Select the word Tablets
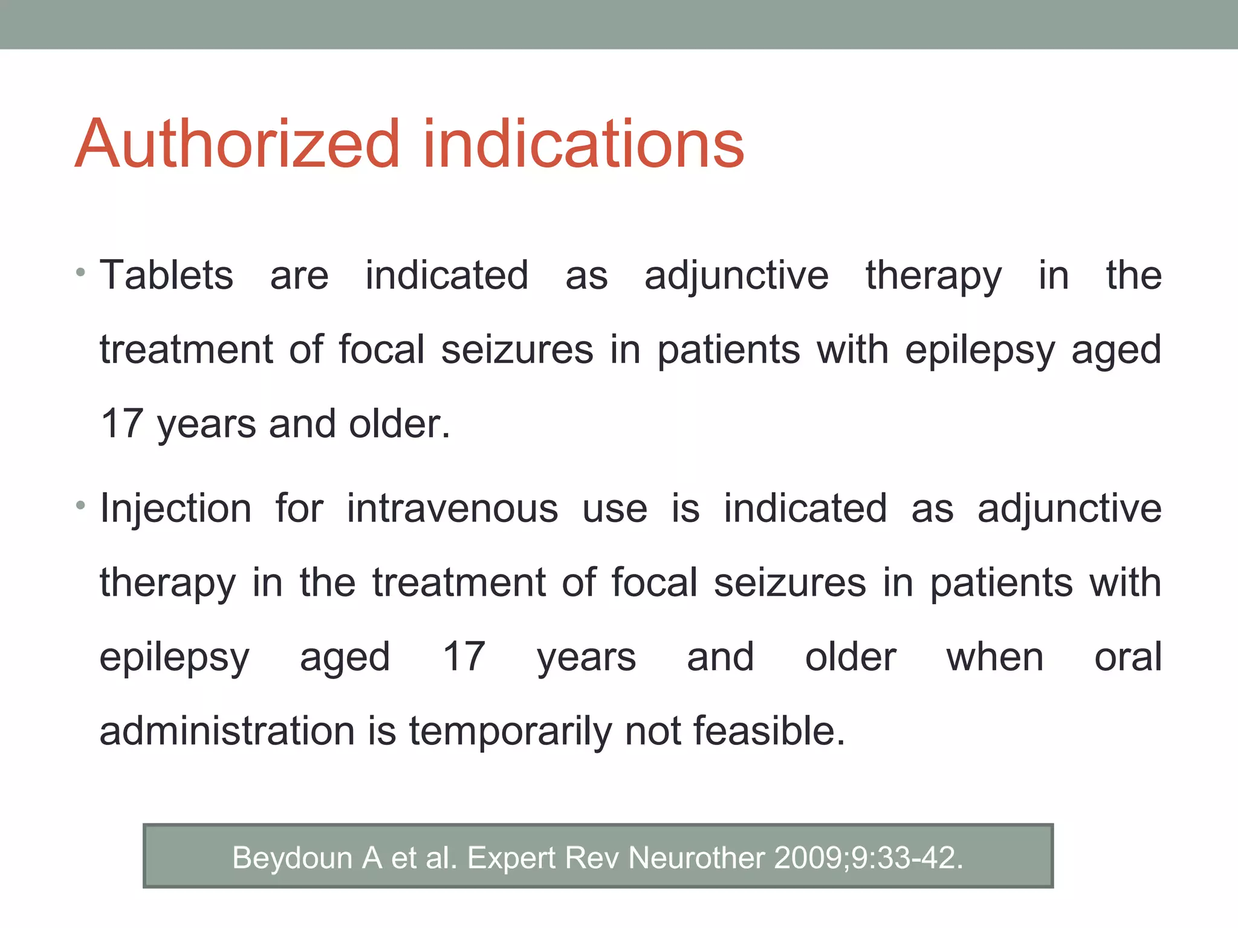tap(166, 275)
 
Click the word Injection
tap(175, 508)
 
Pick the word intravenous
tap(452, 508)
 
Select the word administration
tap(227, 731)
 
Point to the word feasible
tap(768, 731)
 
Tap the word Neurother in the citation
tap(696, 858)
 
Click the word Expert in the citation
tap(511, 858)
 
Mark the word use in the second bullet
tap(615, 508)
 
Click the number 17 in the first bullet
tap(122, 424)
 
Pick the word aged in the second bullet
tap(345, 657)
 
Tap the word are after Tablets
tap(299, 275)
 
